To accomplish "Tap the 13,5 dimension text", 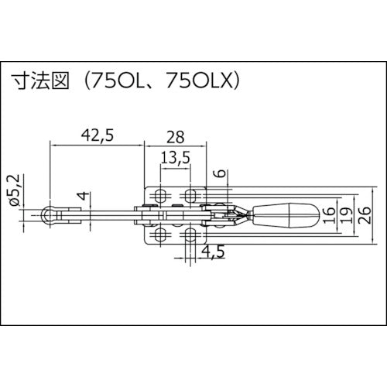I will coord(175,160).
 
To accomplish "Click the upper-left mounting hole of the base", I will coord(160,193).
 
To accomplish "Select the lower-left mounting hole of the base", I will coord(160,233).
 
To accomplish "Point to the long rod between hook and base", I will coord(108,211).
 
